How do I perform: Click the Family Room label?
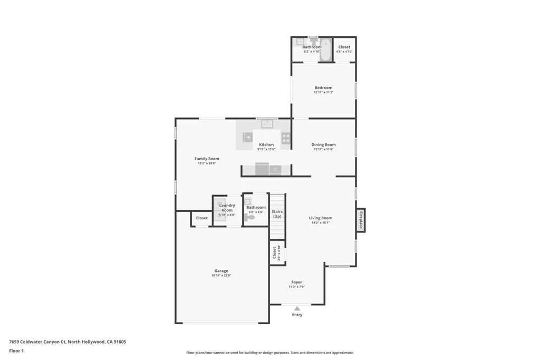point(207,159)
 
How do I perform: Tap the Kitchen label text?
point(266,144)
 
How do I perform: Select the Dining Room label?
point(323,144)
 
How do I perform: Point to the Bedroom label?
point(323,87)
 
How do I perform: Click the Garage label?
point(221,271)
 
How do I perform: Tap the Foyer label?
point(296,282)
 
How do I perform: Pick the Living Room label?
point(320,218)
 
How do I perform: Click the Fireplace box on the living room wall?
point(361,220)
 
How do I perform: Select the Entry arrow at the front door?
point(297,308)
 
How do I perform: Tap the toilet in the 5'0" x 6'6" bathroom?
point(250,217)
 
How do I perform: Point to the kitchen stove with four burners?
point(286,138)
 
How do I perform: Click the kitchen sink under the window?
point(267,124)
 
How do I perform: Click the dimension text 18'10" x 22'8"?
point(221,276)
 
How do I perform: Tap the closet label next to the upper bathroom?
point(344,47)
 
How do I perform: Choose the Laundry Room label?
point(227,208)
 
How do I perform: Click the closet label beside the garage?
point(201,218)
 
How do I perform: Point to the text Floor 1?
point(17,351)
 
